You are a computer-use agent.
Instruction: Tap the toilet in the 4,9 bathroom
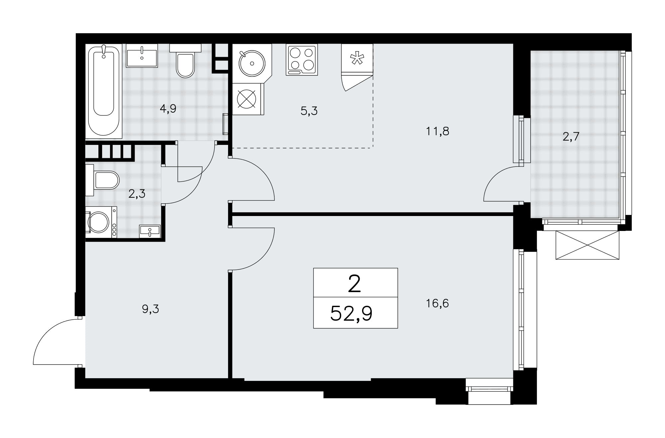point(185,61)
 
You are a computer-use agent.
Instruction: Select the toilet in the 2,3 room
point(102,180)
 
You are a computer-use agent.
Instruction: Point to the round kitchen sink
point(252,63)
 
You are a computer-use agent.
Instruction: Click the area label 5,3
point(309,111)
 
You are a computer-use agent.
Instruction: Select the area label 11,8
point(438,132)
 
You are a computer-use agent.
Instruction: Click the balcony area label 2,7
point(571,137)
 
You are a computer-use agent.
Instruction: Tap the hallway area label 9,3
point(151,309)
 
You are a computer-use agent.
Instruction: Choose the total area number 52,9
point(351,313)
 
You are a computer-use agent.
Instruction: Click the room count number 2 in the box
point(354,284)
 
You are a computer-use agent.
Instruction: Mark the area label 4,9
point(168,109)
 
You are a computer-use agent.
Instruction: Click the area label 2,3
point(137,194)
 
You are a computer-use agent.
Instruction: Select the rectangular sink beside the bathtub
point(142,56)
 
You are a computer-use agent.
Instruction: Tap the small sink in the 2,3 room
point(150,231)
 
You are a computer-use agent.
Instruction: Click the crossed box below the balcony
point(588,245)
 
